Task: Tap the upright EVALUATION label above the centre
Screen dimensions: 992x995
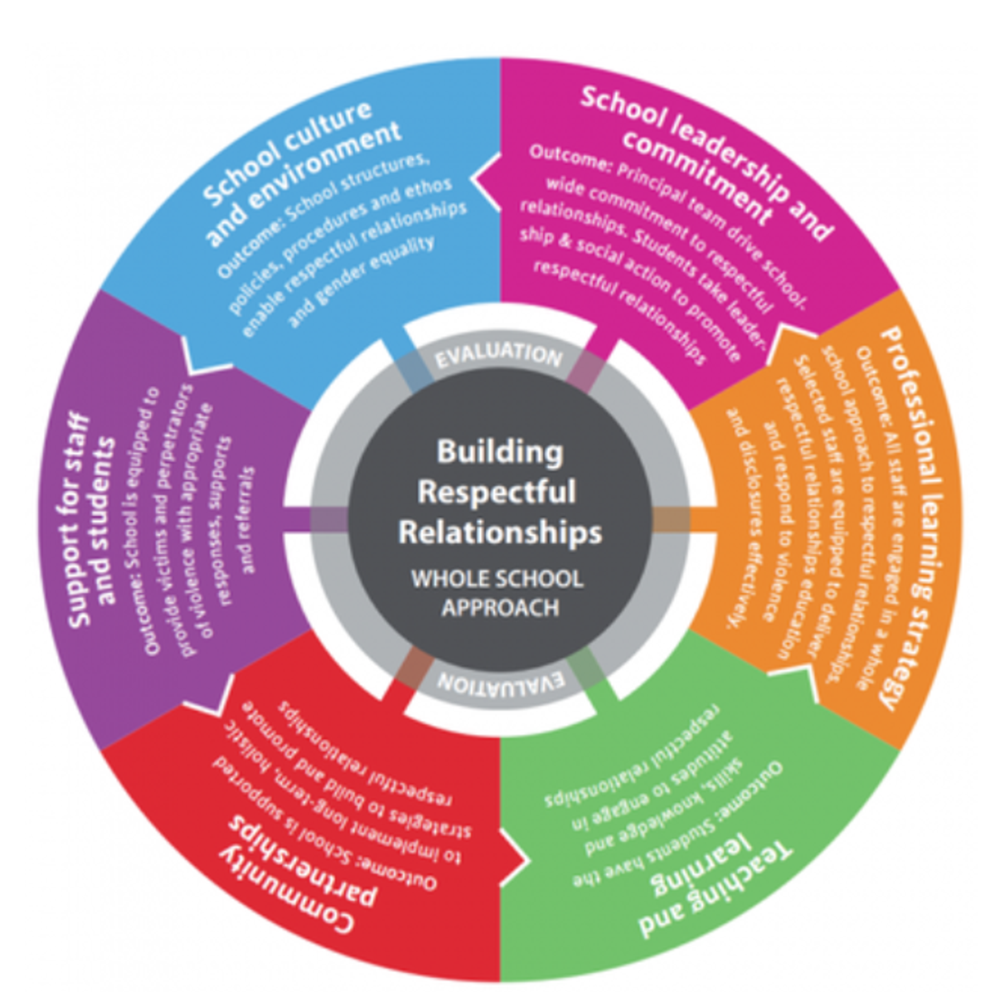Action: (x=499, y=354)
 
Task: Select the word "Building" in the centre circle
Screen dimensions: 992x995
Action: (x=499, y=452)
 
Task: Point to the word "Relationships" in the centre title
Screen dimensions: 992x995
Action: (x=500, y=532)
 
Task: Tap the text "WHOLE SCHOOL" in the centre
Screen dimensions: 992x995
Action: (x=497, y=578)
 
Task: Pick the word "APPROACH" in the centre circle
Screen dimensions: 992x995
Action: (x=500, y=608)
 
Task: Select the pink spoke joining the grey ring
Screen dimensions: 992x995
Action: (x=589, y=369)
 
